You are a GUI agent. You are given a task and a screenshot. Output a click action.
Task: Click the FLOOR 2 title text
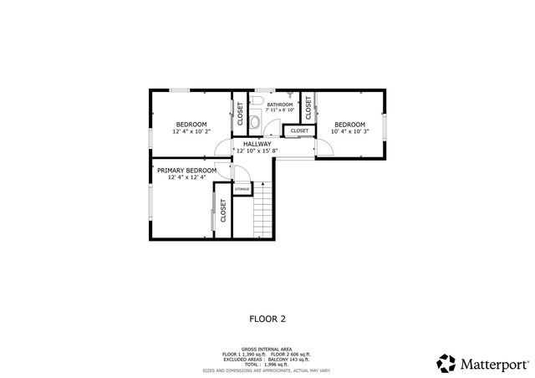267,319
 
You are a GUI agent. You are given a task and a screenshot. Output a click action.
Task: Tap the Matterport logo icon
446,363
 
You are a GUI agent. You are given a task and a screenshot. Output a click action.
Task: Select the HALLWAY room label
257,145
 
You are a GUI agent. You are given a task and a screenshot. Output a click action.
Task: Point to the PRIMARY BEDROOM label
186,171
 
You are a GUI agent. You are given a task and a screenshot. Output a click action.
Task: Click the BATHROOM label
279,105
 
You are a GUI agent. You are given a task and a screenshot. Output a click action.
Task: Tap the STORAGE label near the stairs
242,189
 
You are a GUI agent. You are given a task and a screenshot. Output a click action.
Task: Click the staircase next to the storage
263,211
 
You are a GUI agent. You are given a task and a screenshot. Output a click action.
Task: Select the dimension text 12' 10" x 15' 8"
257,151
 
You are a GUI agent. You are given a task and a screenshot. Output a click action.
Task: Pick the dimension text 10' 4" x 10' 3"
349,131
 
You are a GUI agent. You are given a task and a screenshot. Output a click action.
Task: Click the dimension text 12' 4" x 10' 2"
191,131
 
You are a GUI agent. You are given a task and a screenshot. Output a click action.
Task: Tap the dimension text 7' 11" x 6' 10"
279,110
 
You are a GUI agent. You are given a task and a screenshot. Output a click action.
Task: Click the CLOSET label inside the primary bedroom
223,209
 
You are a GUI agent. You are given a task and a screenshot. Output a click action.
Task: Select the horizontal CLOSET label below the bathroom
299,131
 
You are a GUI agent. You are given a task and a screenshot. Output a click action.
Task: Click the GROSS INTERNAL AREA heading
267,349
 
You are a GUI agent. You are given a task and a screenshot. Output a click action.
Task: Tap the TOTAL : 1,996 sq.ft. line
267,364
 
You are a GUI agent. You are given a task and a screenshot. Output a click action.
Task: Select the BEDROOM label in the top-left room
191,125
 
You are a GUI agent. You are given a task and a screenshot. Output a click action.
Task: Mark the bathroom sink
288,94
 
